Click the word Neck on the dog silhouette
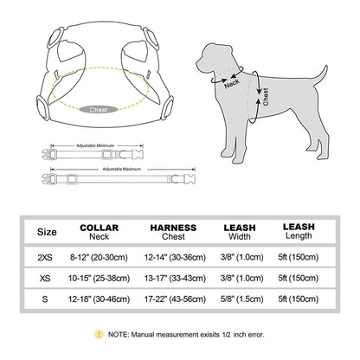pyautogui.click(x=232, y=83)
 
